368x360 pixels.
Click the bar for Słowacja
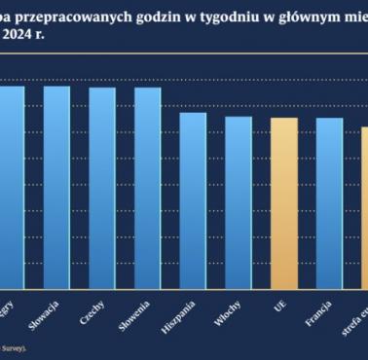tap(56, 187)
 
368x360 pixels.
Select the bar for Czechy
tap(102, 188)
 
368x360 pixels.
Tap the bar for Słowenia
tap(147, 188)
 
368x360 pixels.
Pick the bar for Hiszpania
tap(193, 200)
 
